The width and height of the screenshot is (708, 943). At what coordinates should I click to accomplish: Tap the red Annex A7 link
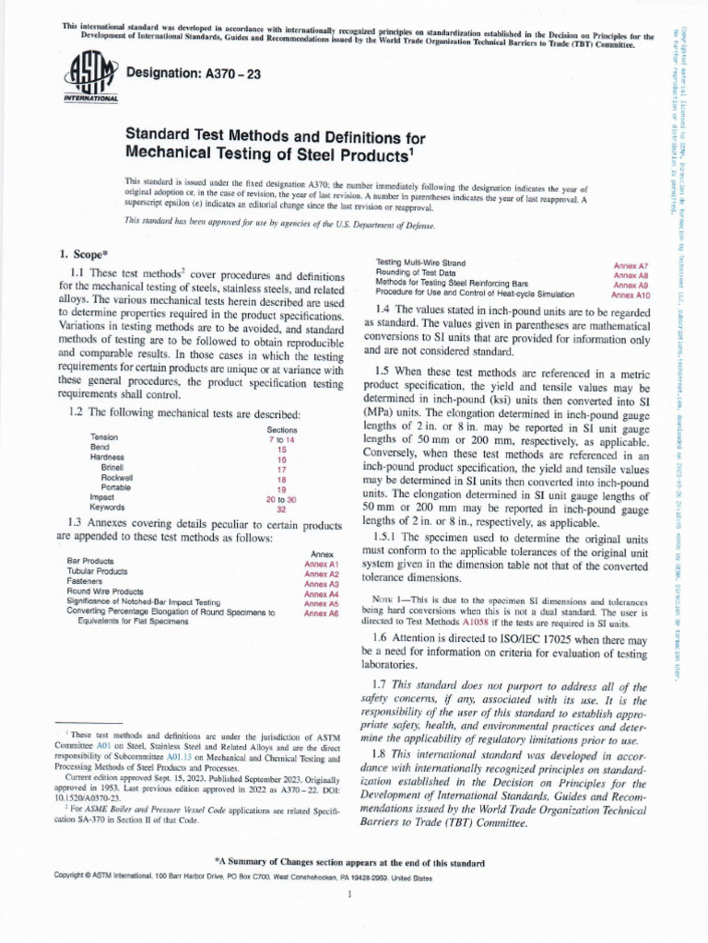pyautogui.click(x=631, y=265)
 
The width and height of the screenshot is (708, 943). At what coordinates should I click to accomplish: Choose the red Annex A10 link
pyautogui.click(x=630, y=296)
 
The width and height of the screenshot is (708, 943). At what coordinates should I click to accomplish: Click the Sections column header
pyautogui.click(x=282, y=429)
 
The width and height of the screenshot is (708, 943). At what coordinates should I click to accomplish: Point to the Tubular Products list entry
pyautogui.click(x=99, y=571)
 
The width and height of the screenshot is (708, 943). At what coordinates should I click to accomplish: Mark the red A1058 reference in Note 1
pyautogui.click(x=501, y=623)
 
